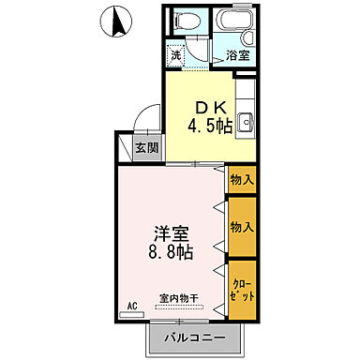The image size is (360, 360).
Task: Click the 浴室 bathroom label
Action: click(x=238, y=56)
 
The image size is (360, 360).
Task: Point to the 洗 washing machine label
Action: click(x=175, y=54)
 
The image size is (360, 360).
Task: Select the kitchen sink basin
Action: click(x=247, y=121)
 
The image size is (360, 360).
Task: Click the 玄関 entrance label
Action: click(x=145, y=147)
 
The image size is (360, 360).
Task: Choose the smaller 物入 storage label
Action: click(x=241, y=180)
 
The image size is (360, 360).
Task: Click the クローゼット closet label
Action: click(x=240, y=288)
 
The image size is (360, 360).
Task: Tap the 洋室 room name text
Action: click(x=171, y=234)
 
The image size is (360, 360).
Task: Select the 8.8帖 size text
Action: click(x=171, y=252)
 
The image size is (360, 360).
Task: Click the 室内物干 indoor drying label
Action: click(x=178, y=297)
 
